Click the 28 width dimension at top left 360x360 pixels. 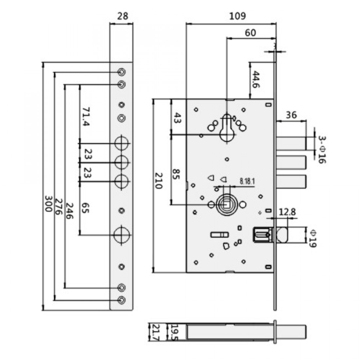click(x=123, y=16)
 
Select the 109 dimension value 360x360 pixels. click(x=238, y=16)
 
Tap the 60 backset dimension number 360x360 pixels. click(x=250, y=33)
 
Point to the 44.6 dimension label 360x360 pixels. click(x=256, y=80)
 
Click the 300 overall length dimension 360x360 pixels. click(x=48, y=204)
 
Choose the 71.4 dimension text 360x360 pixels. click(x=86, y=117)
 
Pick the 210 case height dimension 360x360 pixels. click(x=158, y=180)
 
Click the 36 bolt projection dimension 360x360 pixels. click(x=291, y=115)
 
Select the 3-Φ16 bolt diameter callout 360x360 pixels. click(x=322, y=150)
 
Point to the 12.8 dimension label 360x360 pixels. click(x=287, y=212)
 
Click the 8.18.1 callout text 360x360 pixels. click(x=247, y=181)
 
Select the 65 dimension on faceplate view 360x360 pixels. click(x=85, y=208)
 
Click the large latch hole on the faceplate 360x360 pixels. click(x=122, y=235)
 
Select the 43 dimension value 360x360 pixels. click(x=176, y=118)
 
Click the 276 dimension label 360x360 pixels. click(x=59, y=207)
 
